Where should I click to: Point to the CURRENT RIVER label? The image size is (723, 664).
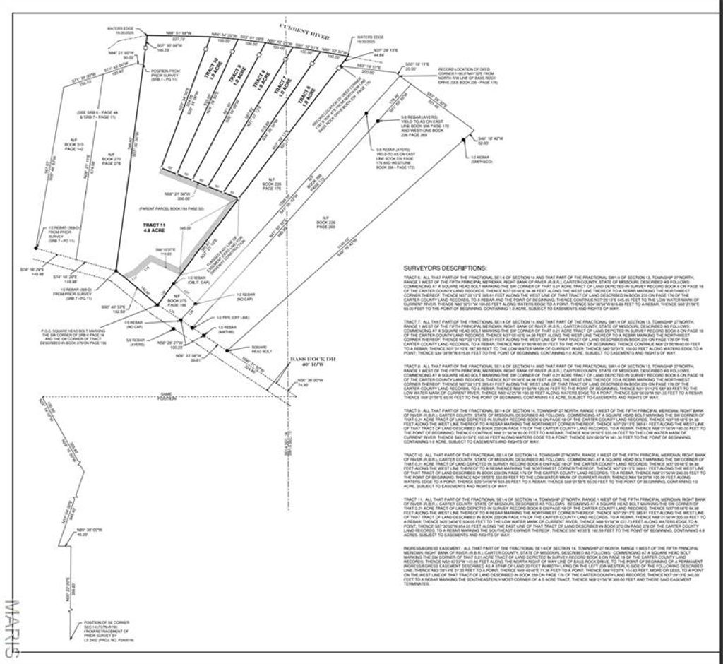(x=282, y=27)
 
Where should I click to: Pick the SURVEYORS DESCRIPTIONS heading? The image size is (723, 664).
(x=444, y=268)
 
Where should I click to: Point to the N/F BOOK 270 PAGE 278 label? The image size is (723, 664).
(x=111, y=159)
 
